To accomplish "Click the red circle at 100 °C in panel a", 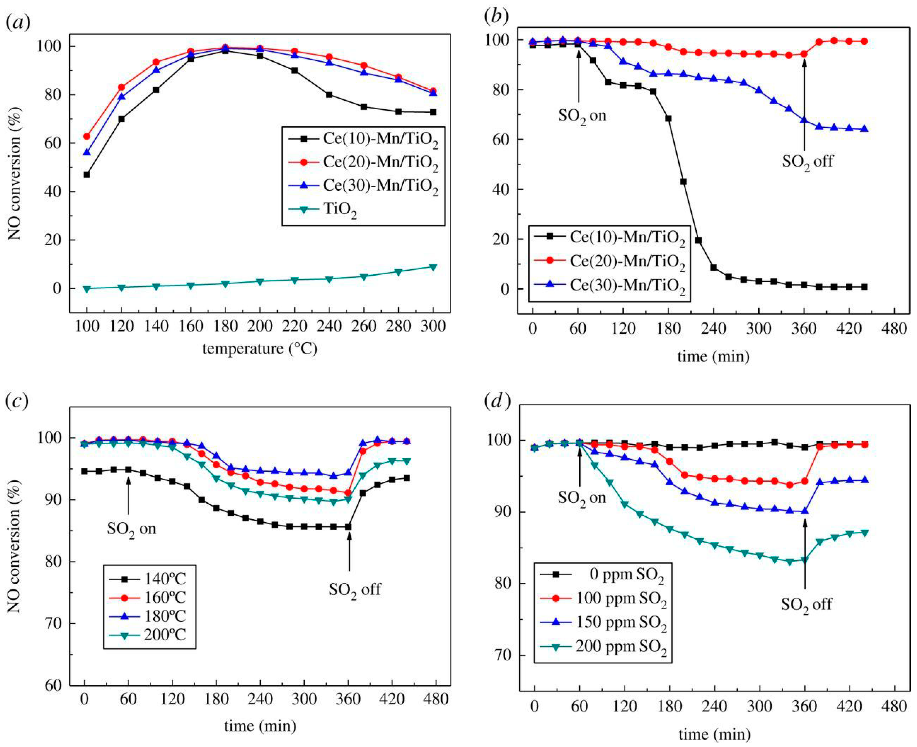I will (87, 136).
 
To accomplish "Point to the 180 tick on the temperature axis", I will (225, 326).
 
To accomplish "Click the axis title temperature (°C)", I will (260, 348).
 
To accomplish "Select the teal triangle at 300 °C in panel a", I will (433, 267).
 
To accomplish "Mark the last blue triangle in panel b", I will (864, 129).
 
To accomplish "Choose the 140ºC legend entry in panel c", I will (164, 579).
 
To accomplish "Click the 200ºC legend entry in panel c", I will (164, 635).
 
